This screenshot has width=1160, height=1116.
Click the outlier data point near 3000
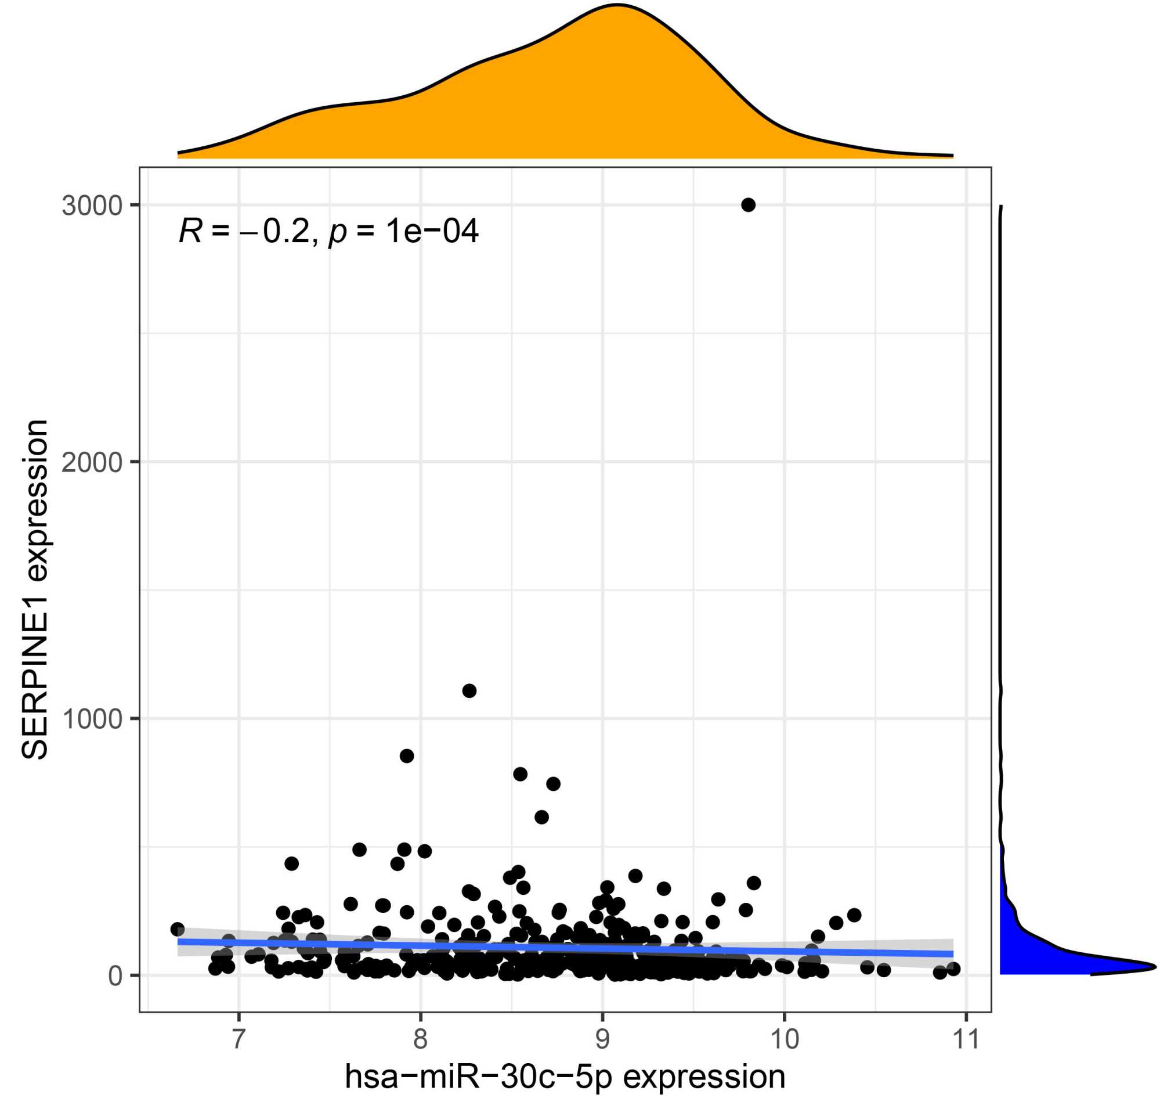point(748,205)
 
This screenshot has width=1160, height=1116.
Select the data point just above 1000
point(469,690)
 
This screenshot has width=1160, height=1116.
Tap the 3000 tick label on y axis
point(92,206)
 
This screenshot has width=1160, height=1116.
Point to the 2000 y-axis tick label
point(92,462)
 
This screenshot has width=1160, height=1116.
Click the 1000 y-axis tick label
point(92,719)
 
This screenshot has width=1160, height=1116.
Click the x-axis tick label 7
point(238,1039)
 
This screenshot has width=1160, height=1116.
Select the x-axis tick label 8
point(420,1039)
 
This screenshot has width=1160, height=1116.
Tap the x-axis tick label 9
point(602,1039)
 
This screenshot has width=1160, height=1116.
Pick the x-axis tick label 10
point(784,1039)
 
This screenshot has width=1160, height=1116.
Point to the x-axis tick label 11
point(966,1039)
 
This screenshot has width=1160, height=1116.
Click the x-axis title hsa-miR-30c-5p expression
point(565,1077)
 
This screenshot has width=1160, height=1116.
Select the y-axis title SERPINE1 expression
point(34,589)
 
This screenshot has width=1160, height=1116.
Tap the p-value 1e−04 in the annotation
point(432,231)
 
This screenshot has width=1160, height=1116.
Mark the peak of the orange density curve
point(617,5)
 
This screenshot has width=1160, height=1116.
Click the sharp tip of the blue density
point(1154,966)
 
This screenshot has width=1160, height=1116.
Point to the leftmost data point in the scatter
point(178,929)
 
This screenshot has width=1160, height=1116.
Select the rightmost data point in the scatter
point(953,969)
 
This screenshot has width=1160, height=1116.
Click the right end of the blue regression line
point(952,954)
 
